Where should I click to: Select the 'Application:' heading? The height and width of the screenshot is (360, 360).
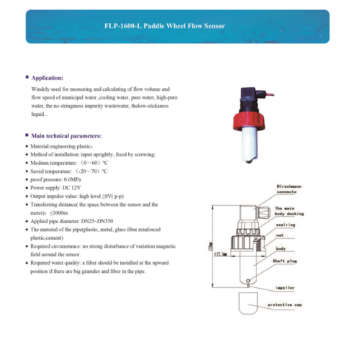pyautogui.click(x=48, y=77)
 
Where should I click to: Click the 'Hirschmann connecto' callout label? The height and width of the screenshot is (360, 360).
pyautogui.click(x=291, y=189)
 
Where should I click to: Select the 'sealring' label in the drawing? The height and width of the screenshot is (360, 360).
pyautogui.click(x=284, y=225)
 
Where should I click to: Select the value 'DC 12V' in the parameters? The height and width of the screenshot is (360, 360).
pyautogui.click(x=75, y=187)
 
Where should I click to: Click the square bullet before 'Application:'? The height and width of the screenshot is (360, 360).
pyautogui.click(x=26, y=77)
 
